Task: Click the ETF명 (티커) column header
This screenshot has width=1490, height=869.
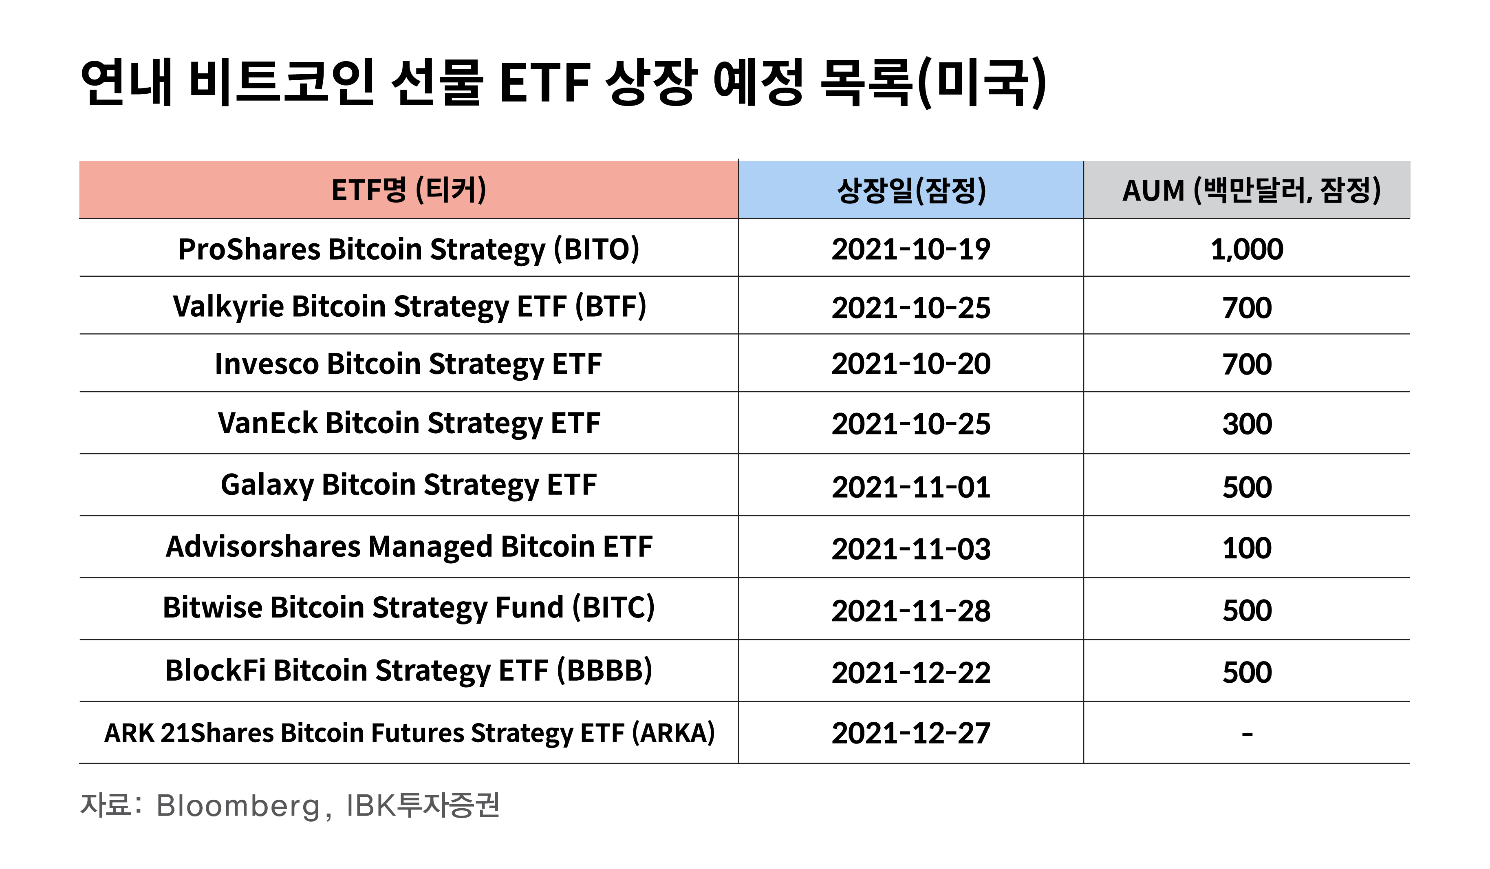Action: (408, 190)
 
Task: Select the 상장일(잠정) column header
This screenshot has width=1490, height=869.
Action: (911, 190)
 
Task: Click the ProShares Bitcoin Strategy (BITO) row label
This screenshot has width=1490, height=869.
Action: (408, 249)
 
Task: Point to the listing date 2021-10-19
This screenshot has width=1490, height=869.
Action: (910, 249)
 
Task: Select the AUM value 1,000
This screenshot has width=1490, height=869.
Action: (1247, 249)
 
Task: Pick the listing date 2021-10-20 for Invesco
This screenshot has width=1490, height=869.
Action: (910, 364)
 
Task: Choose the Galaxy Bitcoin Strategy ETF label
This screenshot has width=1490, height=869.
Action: (408, 485)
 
